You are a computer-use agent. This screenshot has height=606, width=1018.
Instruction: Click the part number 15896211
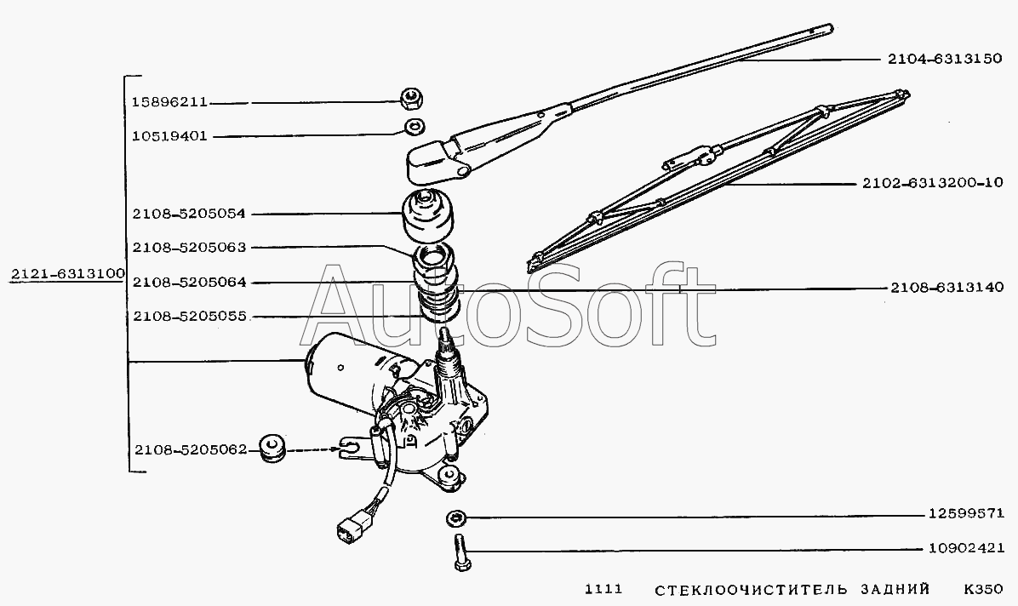(x=169, y=102)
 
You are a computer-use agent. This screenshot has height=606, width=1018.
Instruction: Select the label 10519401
(x=169, y=136)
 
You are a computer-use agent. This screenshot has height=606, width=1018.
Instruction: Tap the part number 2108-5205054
(x=190, y=214)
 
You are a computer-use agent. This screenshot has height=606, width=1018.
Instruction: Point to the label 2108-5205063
(x=190, y=248)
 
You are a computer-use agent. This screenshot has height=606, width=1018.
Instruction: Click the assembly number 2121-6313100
(x=67, y=273)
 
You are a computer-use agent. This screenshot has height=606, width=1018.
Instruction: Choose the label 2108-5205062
(x=191, y=449)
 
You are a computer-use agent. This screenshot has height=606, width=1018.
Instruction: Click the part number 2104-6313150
(x=946, y=59)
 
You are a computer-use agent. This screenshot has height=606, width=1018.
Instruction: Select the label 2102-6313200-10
(x=933, y=183)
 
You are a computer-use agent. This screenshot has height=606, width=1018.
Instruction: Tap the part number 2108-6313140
(x=947, y=287)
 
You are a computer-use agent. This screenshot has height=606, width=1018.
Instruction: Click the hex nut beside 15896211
(x=412, y=99)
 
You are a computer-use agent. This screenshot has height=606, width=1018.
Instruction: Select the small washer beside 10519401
(x=413, y=126)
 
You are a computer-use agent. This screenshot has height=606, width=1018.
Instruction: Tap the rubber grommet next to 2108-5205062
(x=272, y=449)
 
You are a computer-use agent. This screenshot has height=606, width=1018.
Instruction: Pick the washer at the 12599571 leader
(x=457, y=517)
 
